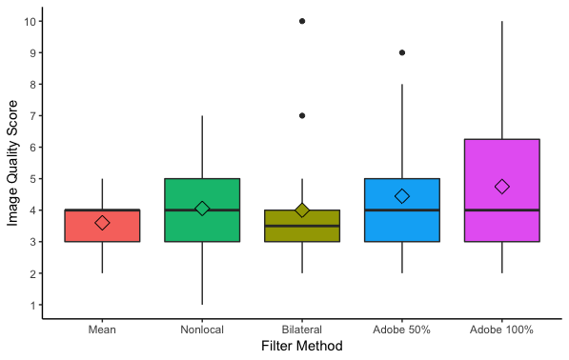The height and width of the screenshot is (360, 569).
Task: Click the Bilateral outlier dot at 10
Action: pyautogui.click(x=302, y=21)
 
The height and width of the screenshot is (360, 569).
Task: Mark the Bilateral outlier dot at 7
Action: pyautogui.click(x=302, y=115)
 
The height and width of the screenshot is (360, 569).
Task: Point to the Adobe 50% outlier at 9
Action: pyautogui.click(x=402, y=52)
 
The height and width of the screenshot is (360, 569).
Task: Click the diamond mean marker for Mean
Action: pyautogui.click(x=102, y=223)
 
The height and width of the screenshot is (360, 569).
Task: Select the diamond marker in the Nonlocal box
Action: pyautogui.click(x=202, y=209)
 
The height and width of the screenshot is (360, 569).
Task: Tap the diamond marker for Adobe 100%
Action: pyautogui.click(x=502, y=187)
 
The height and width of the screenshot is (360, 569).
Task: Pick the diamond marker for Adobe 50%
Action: pyautogui.click(x=402, y=196)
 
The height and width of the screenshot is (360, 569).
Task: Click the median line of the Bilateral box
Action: pyautogui.click(x=302, y=226)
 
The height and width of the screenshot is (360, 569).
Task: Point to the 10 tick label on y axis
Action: pyautogui.click(x=30, y=22)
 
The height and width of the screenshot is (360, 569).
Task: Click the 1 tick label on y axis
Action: pyautogui.click(x=33, y=306)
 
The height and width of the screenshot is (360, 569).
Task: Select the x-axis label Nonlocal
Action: pyautogui.click(x=202, y=330)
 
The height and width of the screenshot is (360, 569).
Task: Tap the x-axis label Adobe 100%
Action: pyautogui.click(x=501, y=330)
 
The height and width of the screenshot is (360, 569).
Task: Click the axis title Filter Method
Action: pyautogui.click(x=302, y=346)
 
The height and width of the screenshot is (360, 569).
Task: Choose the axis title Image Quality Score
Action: pyautogui.click(x=12, y=163)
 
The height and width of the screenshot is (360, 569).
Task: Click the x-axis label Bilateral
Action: pyautogui.click(x=302, y=330)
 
